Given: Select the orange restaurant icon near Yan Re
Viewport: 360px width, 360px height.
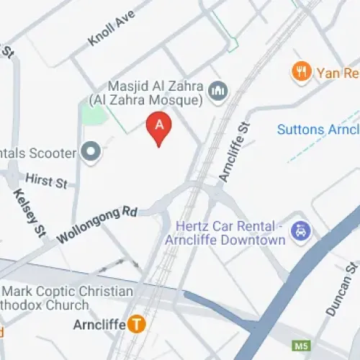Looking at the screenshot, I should [301, 71].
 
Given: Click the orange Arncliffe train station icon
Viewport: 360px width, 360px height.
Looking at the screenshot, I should [136, 324].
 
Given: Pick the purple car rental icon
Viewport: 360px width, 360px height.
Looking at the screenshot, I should [299, 232].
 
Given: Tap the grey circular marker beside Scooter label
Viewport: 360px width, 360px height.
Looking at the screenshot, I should [90, 153].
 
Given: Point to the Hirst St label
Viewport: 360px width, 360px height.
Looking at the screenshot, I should [45, 179].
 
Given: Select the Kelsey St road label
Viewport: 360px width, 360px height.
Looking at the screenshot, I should [29, 212].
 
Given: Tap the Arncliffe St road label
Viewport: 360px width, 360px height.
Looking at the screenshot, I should [235, 151].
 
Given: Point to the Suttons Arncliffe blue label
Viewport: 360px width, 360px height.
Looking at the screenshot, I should [318, 130].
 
